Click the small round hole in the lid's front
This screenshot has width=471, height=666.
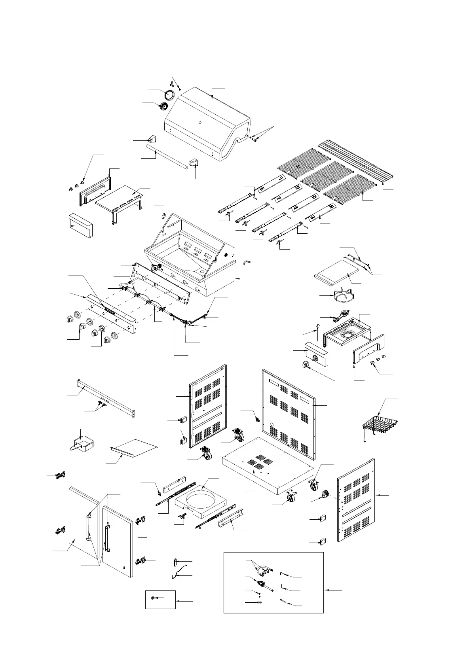[199, 123]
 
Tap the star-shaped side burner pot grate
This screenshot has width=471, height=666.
[340, 297]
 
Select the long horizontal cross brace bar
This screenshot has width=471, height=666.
[107, 397]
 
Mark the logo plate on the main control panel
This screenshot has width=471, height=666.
[109, 312]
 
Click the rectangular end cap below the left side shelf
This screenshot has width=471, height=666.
[81, 225]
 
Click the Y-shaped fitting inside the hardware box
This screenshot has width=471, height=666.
[263, 570]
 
